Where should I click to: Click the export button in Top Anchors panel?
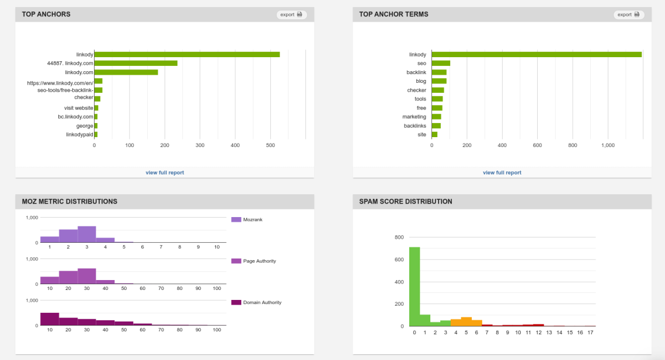tap(291, 15)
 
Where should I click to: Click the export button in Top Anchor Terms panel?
tap(628, 15)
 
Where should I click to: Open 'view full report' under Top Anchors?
tap(165, 173)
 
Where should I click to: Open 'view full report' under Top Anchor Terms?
tap(502, 173)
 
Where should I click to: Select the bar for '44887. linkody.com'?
tap(135, 63)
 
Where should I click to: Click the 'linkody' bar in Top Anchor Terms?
tap(537, 54)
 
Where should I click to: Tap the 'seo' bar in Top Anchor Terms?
tap(441, 63)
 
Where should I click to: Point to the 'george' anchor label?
tap(85, 125)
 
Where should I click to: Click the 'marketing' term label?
tap(414, 117)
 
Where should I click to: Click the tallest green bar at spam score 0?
tap(415, 286)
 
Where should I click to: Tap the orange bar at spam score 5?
tap(466, 321)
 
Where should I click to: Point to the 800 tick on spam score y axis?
tap(399, 237)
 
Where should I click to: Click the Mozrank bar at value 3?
tap(86, 234)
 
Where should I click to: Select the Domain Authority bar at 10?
tap(50, 319)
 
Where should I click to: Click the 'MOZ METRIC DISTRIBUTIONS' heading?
tap(69, 201)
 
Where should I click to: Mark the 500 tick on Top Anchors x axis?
tap(270, 145)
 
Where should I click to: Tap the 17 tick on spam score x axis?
tap(590, 333)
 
